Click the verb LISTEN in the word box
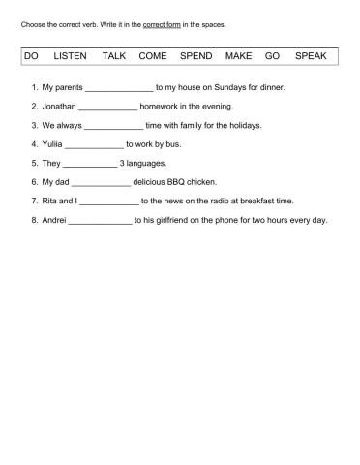[x=71, y=57]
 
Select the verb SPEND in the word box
[x=195, y=57]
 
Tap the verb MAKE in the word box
[x=238, y=57]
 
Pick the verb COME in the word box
[x=153, y=57]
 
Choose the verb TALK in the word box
[x=114, y=57]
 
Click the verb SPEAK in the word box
[x=312, y=57]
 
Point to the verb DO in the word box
[x=31, y=57]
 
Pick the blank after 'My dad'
[x=101, y=182]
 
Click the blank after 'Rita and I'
[x=109, y=201]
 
